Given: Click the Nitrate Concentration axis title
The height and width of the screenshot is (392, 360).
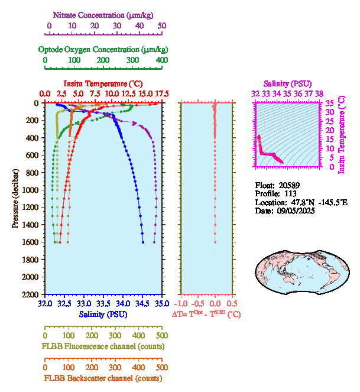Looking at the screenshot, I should pos(105,14).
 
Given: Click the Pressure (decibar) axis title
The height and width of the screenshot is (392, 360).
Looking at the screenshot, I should pos(15,199).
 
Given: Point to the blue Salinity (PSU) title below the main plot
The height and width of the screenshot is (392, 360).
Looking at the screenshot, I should pos(103,314).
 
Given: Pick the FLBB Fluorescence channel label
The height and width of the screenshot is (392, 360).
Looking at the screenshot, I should pos(103,346).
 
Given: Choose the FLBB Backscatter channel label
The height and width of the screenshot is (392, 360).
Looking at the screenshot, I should pos(103,378).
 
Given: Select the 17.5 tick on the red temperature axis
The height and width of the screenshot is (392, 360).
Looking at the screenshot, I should pos(161,94).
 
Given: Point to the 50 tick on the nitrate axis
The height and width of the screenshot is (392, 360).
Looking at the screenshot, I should pos(162,26).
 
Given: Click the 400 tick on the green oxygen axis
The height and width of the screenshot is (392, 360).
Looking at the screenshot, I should pos(161,60).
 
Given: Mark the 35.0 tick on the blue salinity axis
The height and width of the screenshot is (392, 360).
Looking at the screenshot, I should pos(161,303).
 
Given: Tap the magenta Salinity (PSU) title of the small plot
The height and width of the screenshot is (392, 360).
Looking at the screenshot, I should pos(286,83).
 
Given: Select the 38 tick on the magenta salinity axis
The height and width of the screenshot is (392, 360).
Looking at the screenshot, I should pos(319,93).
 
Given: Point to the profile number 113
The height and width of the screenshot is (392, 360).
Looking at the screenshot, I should pos(288,193).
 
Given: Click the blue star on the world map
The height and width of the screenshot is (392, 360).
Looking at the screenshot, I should pos(308,259).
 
